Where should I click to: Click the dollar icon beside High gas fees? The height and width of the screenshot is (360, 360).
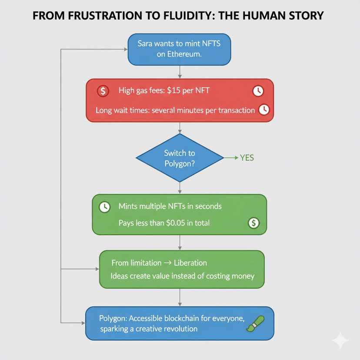pyautogui.click(x=103, y=91)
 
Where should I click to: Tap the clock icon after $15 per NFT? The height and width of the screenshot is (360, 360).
pyautogui.click(x=258, y=91)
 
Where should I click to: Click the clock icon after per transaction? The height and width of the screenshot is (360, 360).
pyautogui.click(x=264, y=110)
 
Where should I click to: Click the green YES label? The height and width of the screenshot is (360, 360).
pyautogui.click(x=247, y=158)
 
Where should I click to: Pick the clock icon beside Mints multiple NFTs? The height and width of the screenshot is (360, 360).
pyautogui.click(x=104, y=207)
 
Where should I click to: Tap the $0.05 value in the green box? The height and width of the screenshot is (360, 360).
pyautogui.click(x=177, y=223)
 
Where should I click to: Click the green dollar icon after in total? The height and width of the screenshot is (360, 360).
pyautogui.click(x=253, y=223)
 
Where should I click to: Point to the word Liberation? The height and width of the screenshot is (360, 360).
pyautogui.click(x=190, y=263)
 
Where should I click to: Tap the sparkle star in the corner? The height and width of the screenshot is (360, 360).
pyautogui.click(x=340, y=340)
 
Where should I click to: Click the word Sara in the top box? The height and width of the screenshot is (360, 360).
pyautogui.click(x=147, y=43)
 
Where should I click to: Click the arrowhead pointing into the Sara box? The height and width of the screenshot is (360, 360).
pyautogui.click(x=125, y=50)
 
